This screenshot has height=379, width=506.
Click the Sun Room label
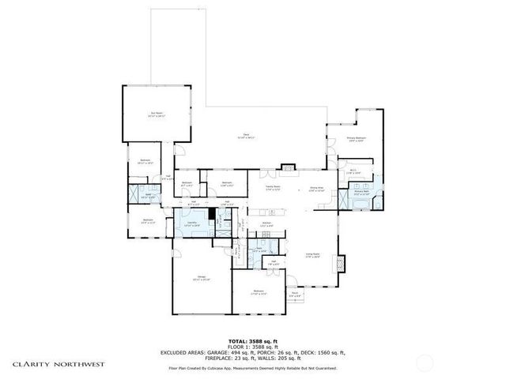click(x=156, y=114)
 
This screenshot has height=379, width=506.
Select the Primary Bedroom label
click(x=357, y=139)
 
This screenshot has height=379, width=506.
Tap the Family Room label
click(x=274, y=189)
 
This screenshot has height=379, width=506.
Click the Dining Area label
click(x=316, y=189)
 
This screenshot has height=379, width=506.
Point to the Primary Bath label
click(x=363, y=193)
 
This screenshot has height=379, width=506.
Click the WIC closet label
click(x=353, y=172)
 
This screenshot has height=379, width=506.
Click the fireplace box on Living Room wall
click(x=342, y=263)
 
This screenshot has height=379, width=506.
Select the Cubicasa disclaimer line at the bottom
click(x=253, y=368)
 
